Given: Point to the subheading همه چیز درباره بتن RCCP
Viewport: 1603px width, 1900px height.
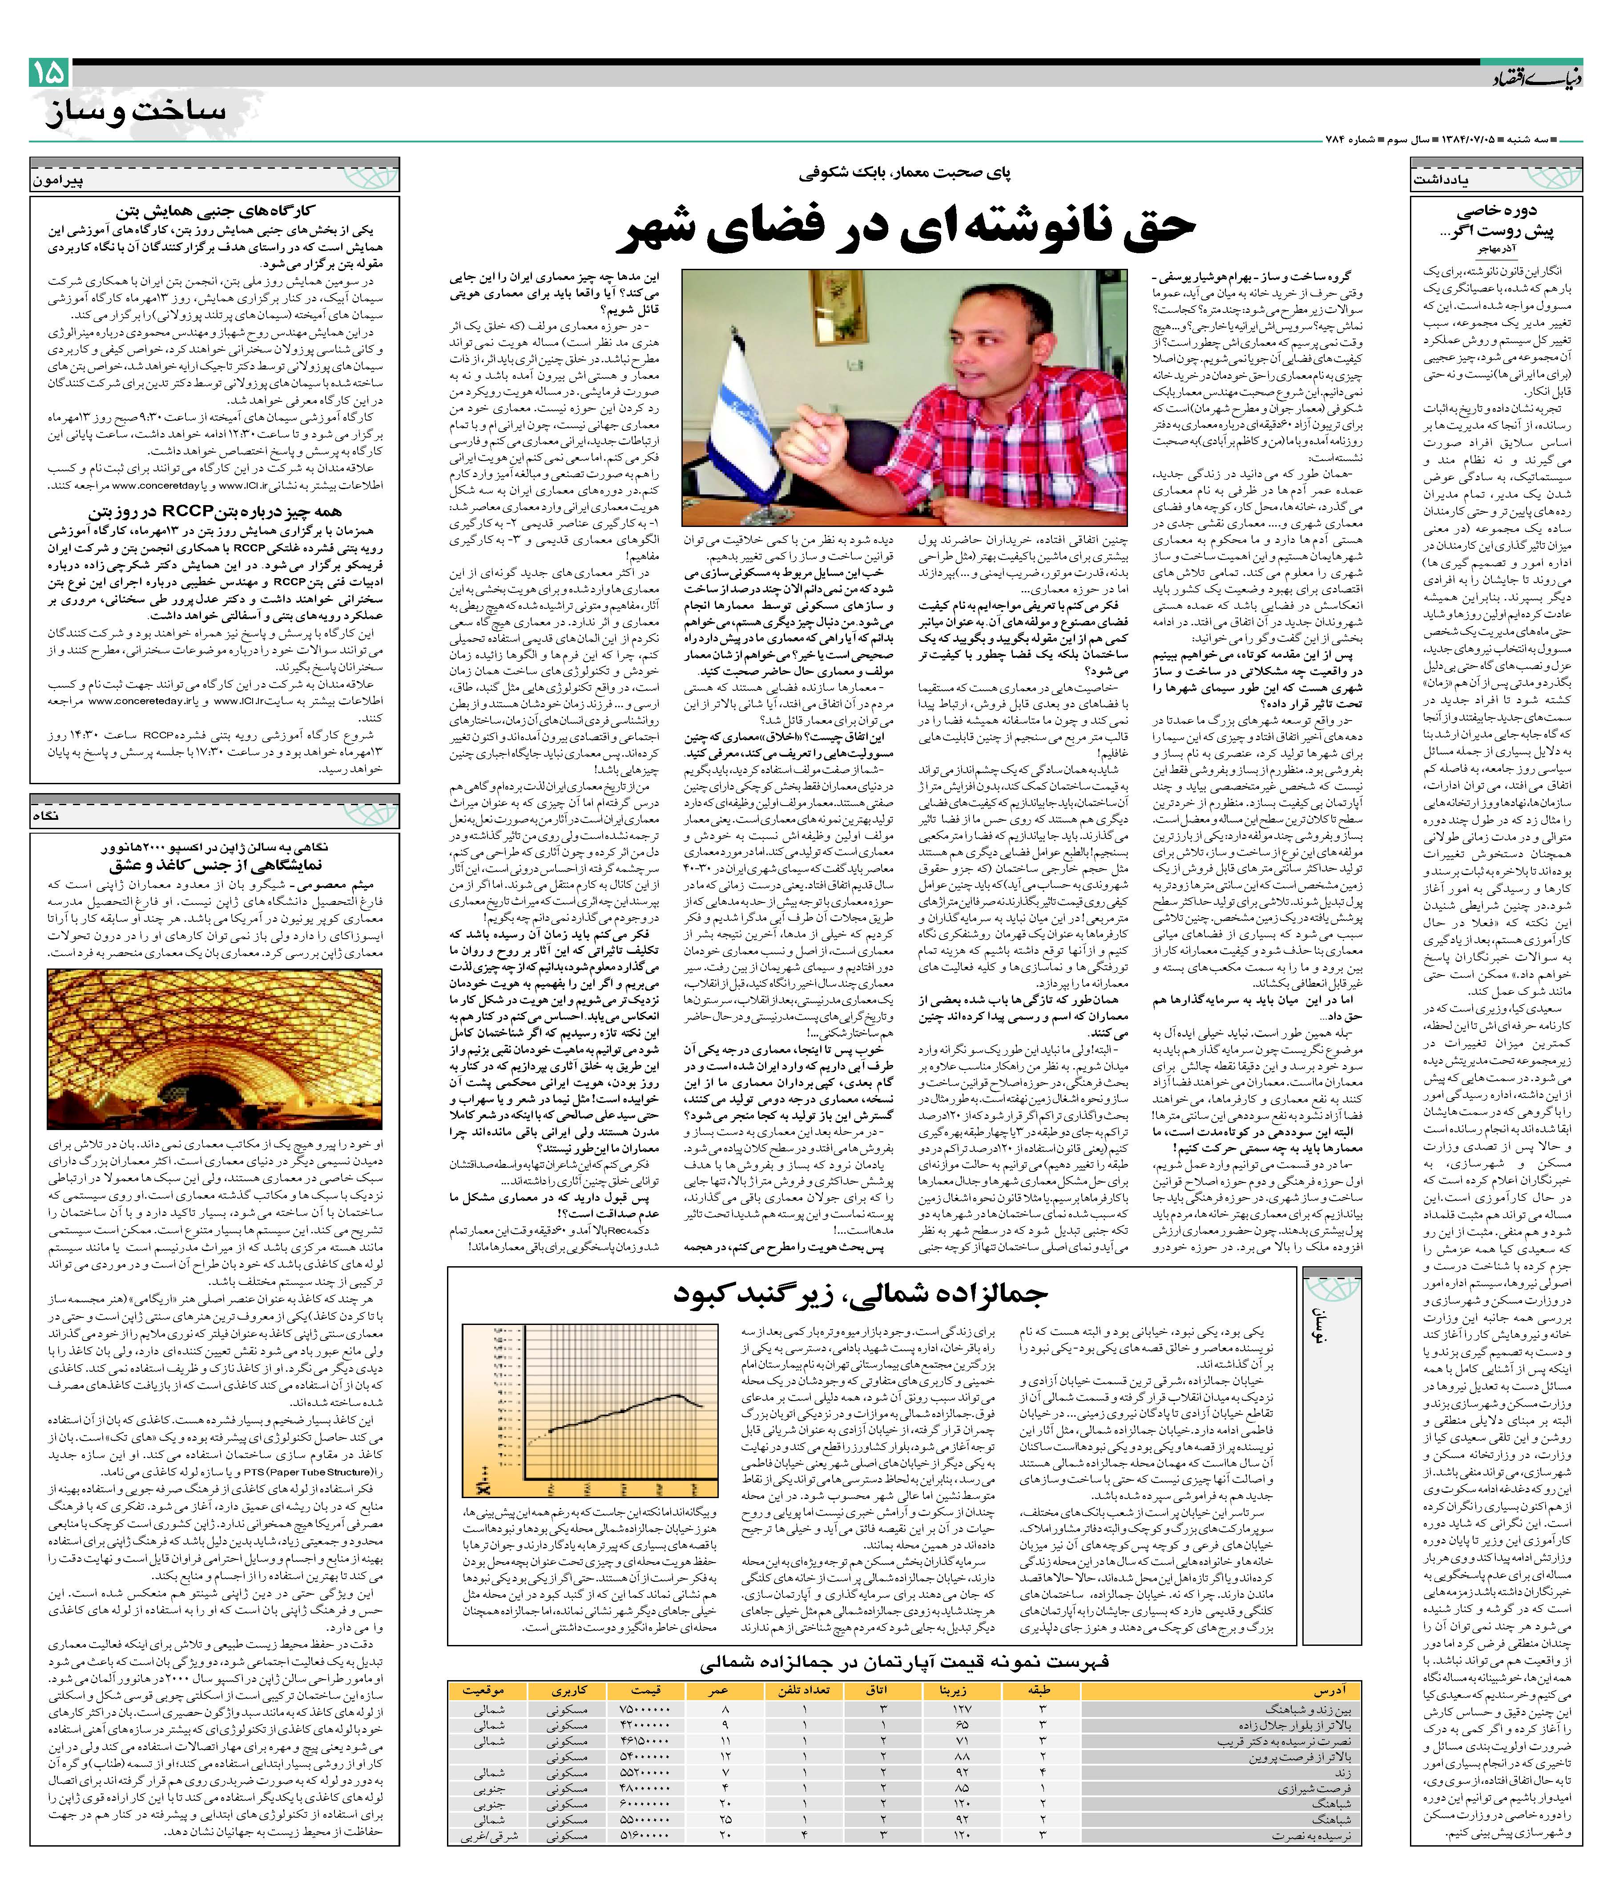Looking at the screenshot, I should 213,512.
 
